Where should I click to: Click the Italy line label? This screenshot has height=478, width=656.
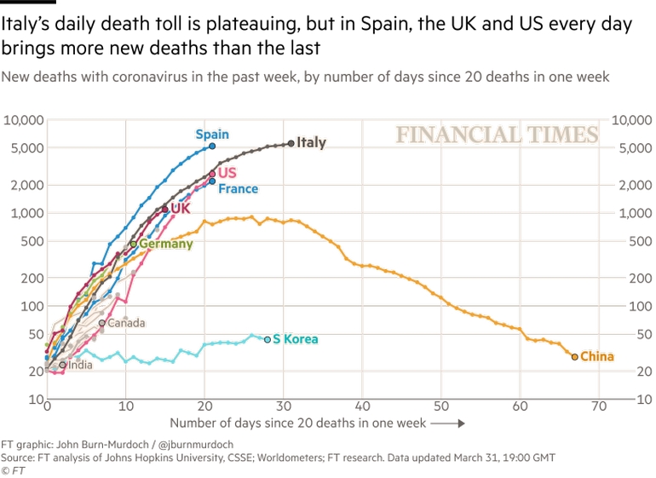tap(311, 143)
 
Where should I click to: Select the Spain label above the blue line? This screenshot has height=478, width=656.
tap(212, 135)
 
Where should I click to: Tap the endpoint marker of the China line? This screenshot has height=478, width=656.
tap(575, 357)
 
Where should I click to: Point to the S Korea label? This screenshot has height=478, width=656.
tap(296, 339)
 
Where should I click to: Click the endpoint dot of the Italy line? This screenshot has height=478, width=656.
tap(291, 143)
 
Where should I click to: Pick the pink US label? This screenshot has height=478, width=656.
tap(227, 173)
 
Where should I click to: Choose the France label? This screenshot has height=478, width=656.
tap(238, 189)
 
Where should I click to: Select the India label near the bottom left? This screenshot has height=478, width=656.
tap(80, 366)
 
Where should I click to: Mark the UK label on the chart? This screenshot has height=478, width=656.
tap(181, 208)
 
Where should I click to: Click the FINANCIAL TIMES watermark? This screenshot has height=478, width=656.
tap(497, 135)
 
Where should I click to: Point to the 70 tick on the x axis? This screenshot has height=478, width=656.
tap(599, 406)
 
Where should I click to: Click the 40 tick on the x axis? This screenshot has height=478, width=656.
tap(362, 406)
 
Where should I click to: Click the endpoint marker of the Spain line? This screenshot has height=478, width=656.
tap(212, 147)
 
